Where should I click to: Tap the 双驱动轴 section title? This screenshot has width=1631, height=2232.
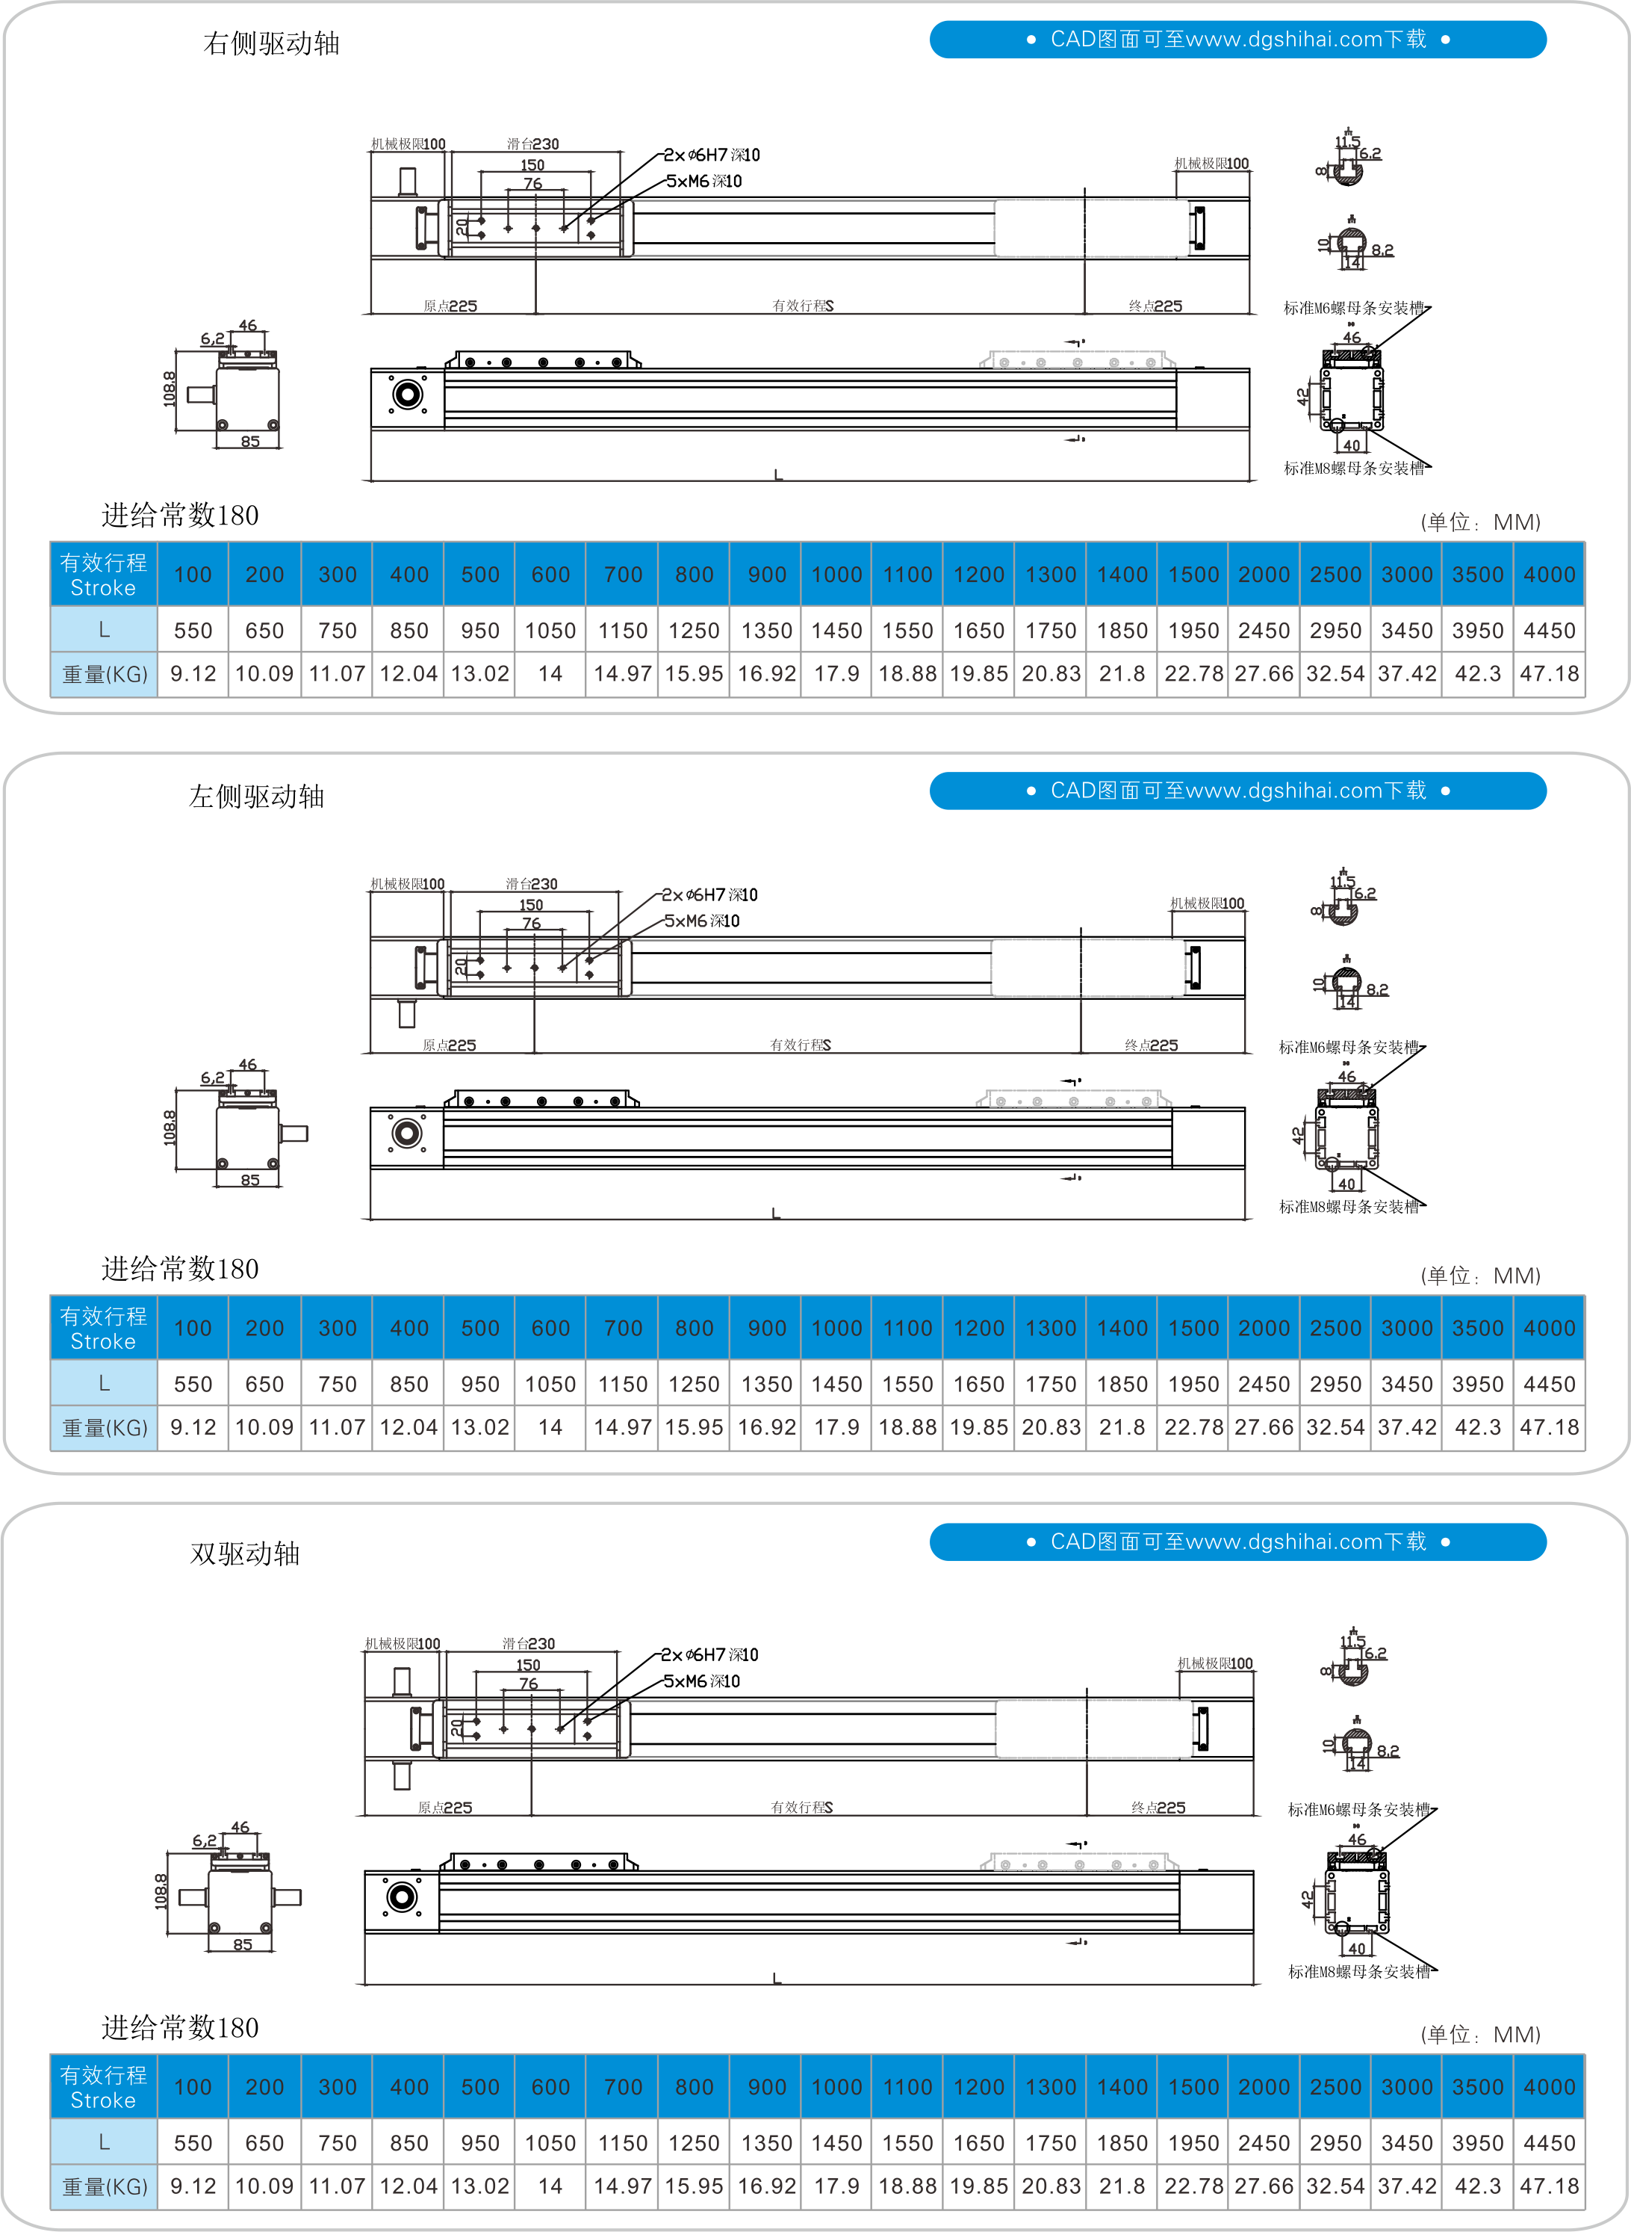(x=244, y=1554)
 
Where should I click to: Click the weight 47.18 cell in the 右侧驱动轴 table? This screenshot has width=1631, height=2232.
(x=1548, y=673)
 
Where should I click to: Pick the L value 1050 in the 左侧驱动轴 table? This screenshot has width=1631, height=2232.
(x=550, y=1384)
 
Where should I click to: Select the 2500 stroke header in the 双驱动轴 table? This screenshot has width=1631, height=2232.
(x=1335, y=2087)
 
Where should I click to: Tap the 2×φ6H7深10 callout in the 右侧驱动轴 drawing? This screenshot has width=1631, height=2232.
(x=711, y=155)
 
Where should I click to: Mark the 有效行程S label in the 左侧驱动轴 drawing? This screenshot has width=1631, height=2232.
(x=800, y=1045)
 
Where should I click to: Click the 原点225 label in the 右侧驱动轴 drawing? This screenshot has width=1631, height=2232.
(x=450, y=306)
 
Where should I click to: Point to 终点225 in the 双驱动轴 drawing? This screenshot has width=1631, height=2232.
(x=1157, y=1808)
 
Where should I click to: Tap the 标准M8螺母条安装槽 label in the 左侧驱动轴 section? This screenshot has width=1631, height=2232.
(x=1349, y=1207)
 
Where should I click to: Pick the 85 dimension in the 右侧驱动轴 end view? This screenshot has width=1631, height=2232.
(x=249, y=442)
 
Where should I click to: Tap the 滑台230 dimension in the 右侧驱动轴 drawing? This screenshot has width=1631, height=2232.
(x=532, y=144)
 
